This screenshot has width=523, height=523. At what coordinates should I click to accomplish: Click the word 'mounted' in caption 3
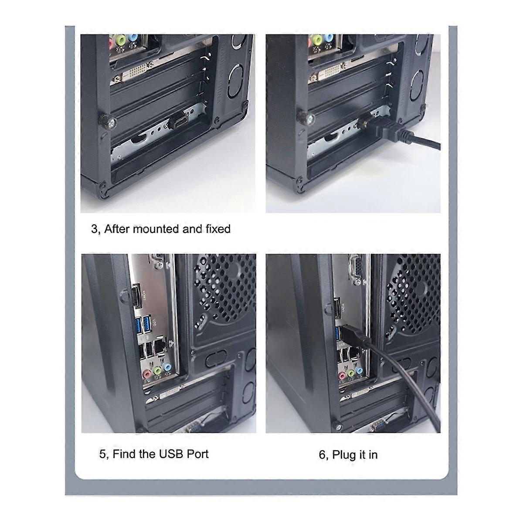(156, 229)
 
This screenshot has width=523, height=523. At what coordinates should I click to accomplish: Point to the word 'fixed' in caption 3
(217, 229)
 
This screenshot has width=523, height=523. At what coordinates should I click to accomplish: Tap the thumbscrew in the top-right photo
(302, 117)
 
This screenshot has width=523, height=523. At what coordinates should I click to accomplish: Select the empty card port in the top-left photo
(179, 121)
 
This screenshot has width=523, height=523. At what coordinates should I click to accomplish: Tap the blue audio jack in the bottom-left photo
(165, 370)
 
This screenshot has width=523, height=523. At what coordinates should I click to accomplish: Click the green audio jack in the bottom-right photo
(351, 373)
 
